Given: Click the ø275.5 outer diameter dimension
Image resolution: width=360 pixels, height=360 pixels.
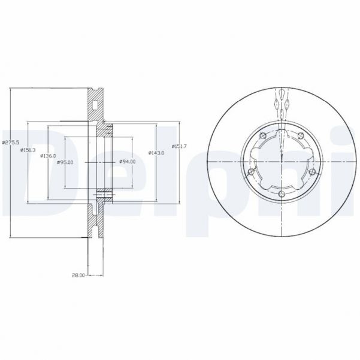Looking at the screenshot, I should click(11, 142).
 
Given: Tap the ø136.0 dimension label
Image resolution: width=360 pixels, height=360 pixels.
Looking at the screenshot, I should click(47, 156).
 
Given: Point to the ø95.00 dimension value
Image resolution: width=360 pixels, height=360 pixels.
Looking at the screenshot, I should click(65, 162).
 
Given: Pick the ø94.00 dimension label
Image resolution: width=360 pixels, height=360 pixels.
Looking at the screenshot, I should click(128, 162).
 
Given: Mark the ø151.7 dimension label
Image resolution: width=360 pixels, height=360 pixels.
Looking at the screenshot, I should click(179, 147).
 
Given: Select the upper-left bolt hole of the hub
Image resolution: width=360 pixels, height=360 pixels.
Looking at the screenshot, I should click(263, 135).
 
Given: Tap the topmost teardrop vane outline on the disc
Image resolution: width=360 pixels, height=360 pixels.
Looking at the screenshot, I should click(282, 96).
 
